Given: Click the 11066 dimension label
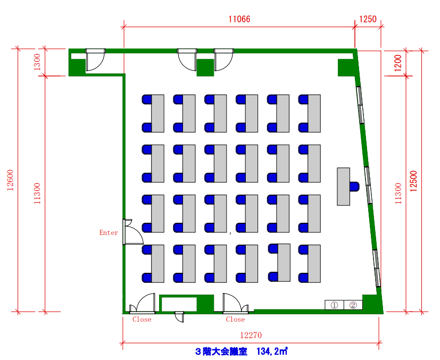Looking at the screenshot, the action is point(239,19).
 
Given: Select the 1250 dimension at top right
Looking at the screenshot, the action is point(368,19).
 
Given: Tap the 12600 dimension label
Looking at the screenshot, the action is point(11,180).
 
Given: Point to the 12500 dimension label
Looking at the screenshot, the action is point(413,181).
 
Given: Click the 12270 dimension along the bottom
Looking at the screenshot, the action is point(251,335).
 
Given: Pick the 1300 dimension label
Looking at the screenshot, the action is point(37,62).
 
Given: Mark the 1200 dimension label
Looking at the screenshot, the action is point(398,63).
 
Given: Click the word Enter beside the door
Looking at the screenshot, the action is point(109,232).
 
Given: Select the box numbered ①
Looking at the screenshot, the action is point(334,305).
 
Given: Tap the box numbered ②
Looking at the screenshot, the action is point(353,305).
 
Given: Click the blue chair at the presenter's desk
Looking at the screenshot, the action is point(354,187).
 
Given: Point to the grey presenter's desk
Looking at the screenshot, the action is point(344,187).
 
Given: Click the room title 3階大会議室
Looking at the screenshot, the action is point(221,351).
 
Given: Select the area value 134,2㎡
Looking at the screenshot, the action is point(272,351).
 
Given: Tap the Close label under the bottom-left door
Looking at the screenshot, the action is point(142,320).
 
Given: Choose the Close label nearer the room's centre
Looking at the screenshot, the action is point(235,320).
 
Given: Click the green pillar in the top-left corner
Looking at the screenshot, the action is point(77,68).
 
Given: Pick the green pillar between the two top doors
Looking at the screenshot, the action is point(205,68).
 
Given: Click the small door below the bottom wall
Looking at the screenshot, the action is point(179,317).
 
